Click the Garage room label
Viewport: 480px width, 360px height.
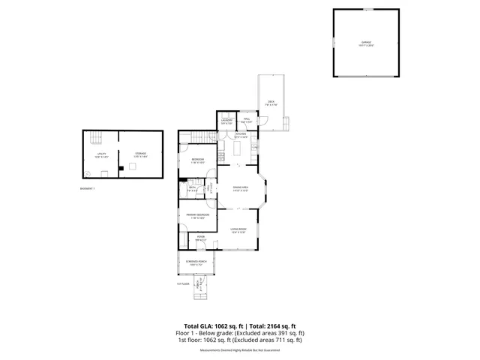[366, 43]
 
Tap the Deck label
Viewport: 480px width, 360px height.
[271, 103]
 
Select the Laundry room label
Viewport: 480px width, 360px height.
[226, 122]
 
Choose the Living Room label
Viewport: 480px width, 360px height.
[238, 229]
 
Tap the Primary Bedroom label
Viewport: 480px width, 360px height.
[197, 216]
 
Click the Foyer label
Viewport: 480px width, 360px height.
[200, 238]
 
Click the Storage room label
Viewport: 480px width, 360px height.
[141, 154]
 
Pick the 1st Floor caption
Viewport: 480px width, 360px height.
[180, 284]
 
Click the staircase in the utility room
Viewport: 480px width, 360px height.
[95, 136]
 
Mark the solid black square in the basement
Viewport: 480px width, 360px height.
[121, 169]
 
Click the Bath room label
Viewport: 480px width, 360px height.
[183, 190]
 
